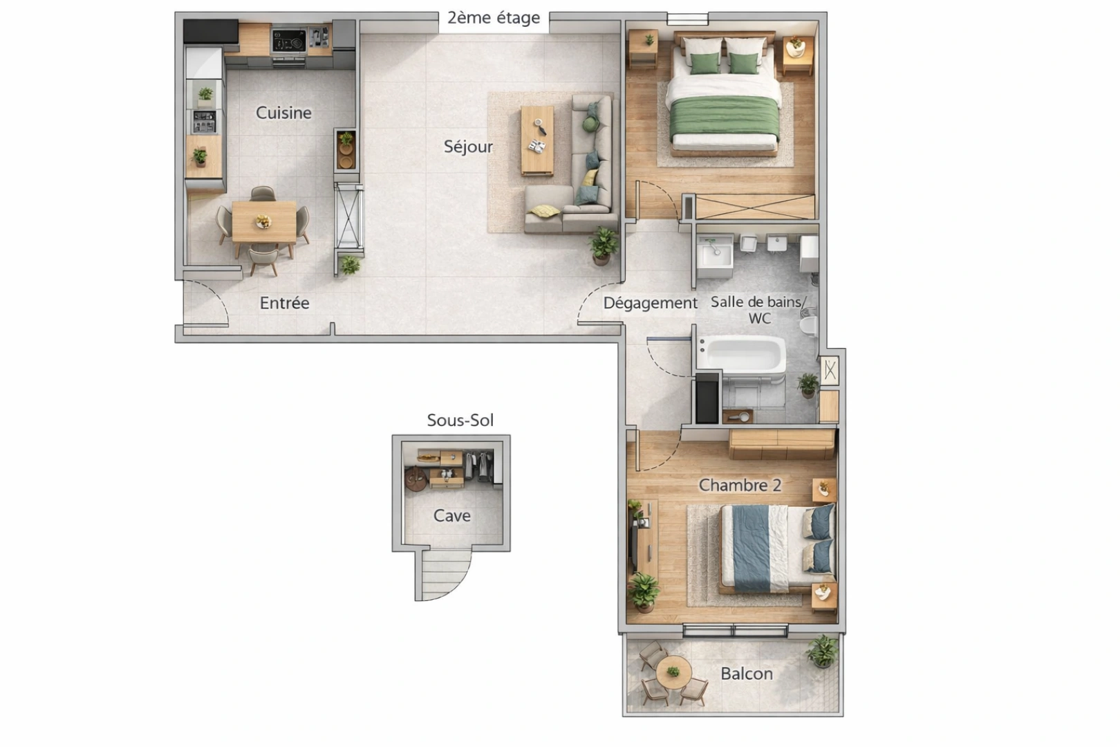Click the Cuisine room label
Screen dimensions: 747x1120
tap(283, 113)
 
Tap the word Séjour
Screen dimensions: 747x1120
tap(468, 147)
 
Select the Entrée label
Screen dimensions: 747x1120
tap(284, 303)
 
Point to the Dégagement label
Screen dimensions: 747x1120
tap(650, 303)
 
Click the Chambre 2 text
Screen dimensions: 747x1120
tap(740, 486)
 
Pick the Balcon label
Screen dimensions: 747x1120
tap(747, 674)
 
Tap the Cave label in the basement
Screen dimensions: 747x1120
tap(451, 516)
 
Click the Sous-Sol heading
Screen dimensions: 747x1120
tap(460, 421)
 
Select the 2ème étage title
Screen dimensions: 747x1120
tap(493, 18)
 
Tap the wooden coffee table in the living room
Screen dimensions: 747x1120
tap(537, 140)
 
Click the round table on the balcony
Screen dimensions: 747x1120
tap(673, 672)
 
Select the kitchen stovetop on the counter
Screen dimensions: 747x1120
tap(288, 41)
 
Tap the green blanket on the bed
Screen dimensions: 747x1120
tap(725, 118)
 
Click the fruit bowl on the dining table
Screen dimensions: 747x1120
tap(263, 221)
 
